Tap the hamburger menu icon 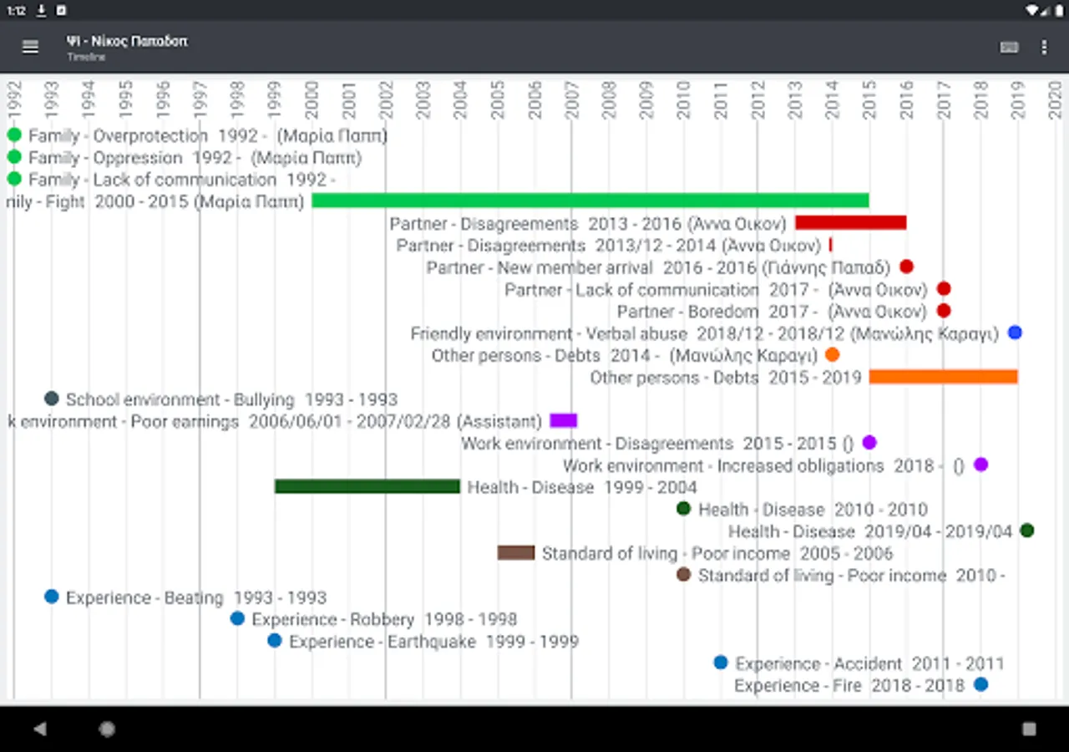pos(30,48)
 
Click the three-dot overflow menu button pos(1044,48)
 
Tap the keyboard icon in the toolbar pos(1009,48)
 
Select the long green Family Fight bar pos(590,201)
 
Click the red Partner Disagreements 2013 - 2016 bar pos(850,222)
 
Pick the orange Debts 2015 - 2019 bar pos(943,377)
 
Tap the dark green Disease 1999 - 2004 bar pos(367,486)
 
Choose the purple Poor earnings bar pos(564,420)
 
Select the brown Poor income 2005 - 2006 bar pos(515,552)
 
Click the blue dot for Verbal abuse pos(1015,333)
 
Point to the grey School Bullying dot pos(52,399)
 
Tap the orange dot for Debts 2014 pos(832,355)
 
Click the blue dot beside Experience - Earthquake pos(275,641)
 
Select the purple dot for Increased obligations pos(980,465)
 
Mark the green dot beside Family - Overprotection pos(14,135)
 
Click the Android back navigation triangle pos(40,729)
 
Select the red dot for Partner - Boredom pos(944,311)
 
